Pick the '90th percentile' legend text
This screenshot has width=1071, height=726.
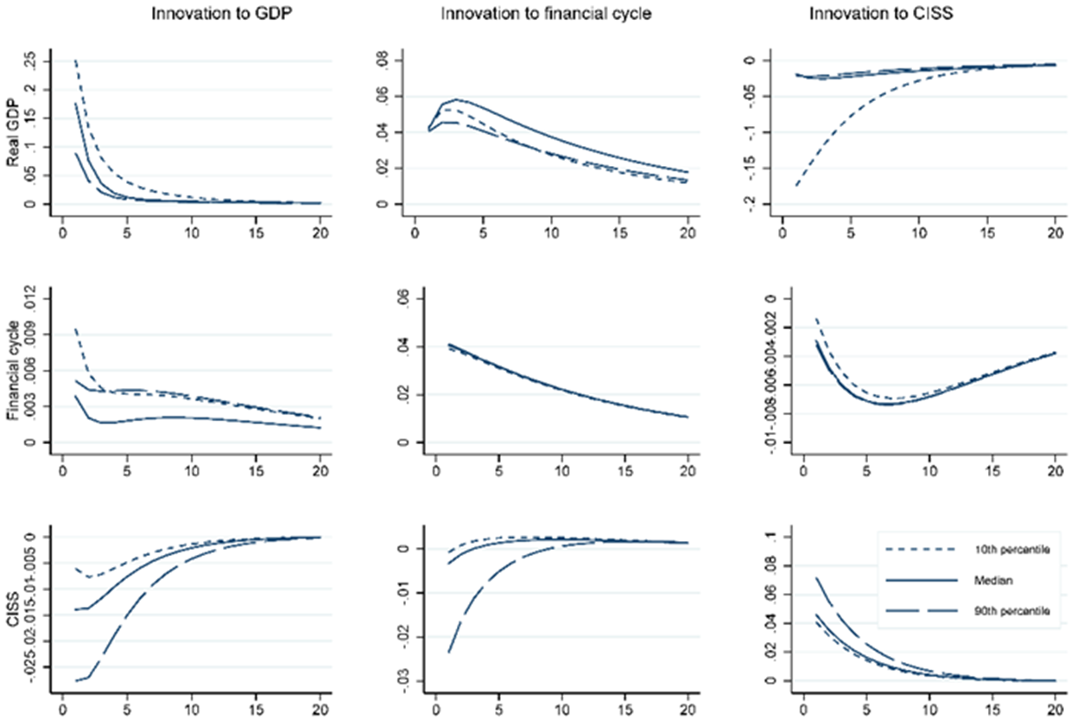[1014, 611]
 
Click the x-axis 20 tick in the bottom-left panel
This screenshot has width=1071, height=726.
[320, 716]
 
